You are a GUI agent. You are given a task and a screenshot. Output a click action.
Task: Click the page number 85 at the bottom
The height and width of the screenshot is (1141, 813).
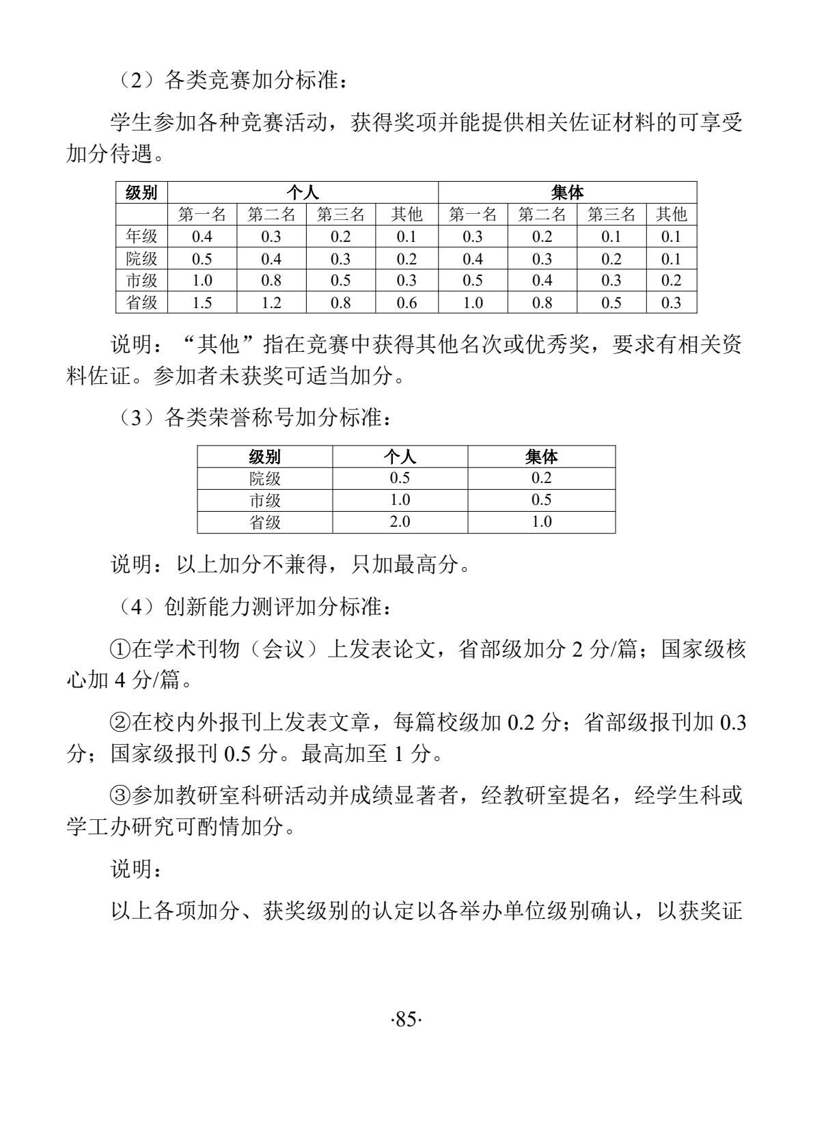click(406, 1019)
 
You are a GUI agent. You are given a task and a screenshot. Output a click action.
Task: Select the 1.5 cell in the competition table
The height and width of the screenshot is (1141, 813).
click(202, 303)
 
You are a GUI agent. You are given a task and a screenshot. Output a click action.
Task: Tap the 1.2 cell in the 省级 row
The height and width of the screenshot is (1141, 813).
click(271, 303)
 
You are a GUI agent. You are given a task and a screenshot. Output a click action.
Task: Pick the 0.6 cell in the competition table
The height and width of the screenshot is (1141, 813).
click(406, 303)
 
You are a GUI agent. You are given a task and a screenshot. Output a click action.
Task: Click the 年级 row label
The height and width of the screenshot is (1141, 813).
click(141, 236)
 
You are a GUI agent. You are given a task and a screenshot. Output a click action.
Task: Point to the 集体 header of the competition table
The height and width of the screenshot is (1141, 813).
click(567, 193)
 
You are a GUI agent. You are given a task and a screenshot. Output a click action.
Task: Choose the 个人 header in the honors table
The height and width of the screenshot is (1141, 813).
click(400, 456)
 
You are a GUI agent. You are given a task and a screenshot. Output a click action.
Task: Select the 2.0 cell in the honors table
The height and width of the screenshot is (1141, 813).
click(400, 522)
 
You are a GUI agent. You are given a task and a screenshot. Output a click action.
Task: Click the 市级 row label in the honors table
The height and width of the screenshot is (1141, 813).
click(265, 500)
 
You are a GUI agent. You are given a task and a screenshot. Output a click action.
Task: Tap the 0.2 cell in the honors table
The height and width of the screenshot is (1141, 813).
click(541, 478)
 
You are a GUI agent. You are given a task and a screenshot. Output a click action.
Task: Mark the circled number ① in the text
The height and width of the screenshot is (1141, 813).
click(121, 649)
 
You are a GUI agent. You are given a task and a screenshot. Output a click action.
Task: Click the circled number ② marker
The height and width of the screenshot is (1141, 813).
click(121, 722)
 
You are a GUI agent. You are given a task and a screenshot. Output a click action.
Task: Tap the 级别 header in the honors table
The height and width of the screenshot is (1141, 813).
click(265, 456)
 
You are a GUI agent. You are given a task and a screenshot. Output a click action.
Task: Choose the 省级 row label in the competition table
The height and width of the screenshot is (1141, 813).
click(141, 303)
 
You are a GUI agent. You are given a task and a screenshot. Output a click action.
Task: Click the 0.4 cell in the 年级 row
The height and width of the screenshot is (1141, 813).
click(202, 236)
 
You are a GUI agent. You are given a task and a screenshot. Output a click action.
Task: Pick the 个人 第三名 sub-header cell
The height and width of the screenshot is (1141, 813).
click(340, 215)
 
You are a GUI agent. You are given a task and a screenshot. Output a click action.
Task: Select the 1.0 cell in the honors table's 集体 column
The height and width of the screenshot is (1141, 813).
click(541, 522)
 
